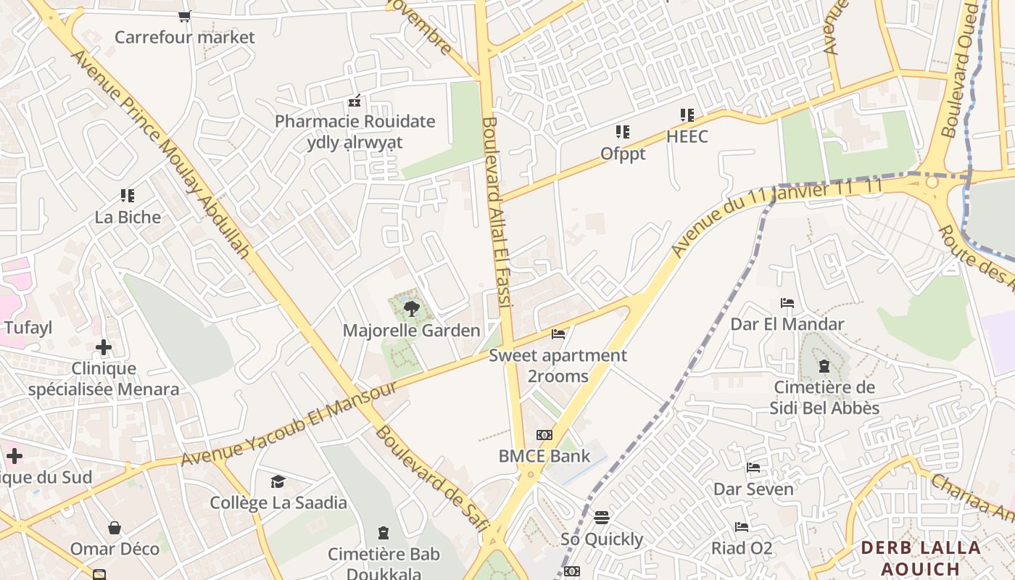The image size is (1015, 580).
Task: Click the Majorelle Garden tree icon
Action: pyautogui.click(x=411, y=309)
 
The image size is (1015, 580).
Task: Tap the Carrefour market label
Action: pyautogui.click(x=185, y=37)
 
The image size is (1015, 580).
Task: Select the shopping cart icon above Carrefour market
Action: pyautogui.click(x=185, y=16)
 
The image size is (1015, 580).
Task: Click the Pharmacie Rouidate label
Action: pyautogui.click(x=355, y=121)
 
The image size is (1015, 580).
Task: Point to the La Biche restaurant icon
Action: pyautogui.click(x=128, y=195)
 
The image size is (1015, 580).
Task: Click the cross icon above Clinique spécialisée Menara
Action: pyautogui.click(x=104, y=347)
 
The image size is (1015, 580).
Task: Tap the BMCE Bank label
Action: pyautogui.click(x=544, y=456)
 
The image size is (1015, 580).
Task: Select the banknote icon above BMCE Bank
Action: pyautogui.click(x=544, y=435)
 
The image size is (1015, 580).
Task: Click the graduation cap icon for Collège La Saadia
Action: pyautogui.click(x=278, y=481)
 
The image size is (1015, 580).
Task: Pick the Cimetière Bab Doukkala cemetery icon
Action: pyautogui.click(x=384, y=534)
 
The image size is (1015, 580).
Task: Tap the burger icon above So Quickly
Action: pyautogui.click(x=602, y=518)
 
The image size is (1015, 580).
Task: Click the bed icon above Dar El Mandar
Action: pyautogui.click(x=787, y=302)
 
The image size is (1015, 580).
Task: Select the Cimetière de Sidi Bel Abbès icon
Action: pyautogui.click(x=824, y=366)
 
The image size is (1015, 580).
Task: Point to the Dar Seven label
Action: pyautogui.click(x=753, y=489)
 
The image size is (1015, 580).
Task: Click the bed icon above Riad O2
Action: pyautogui.click(x=742, y=526)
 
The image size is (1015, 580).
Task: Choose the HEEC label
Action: pyautogui.click(x=687, y=136)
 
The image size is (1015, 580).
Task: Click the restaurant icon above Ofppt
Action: pyautogui.click(x=623, y=132)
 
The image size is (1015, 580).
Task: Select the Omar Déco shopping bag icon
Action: pyautogui.click(x=115, y=527)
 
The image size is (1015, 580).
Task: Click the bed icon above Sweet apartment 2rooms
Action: pyautogui.click(x=558, y=333)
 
